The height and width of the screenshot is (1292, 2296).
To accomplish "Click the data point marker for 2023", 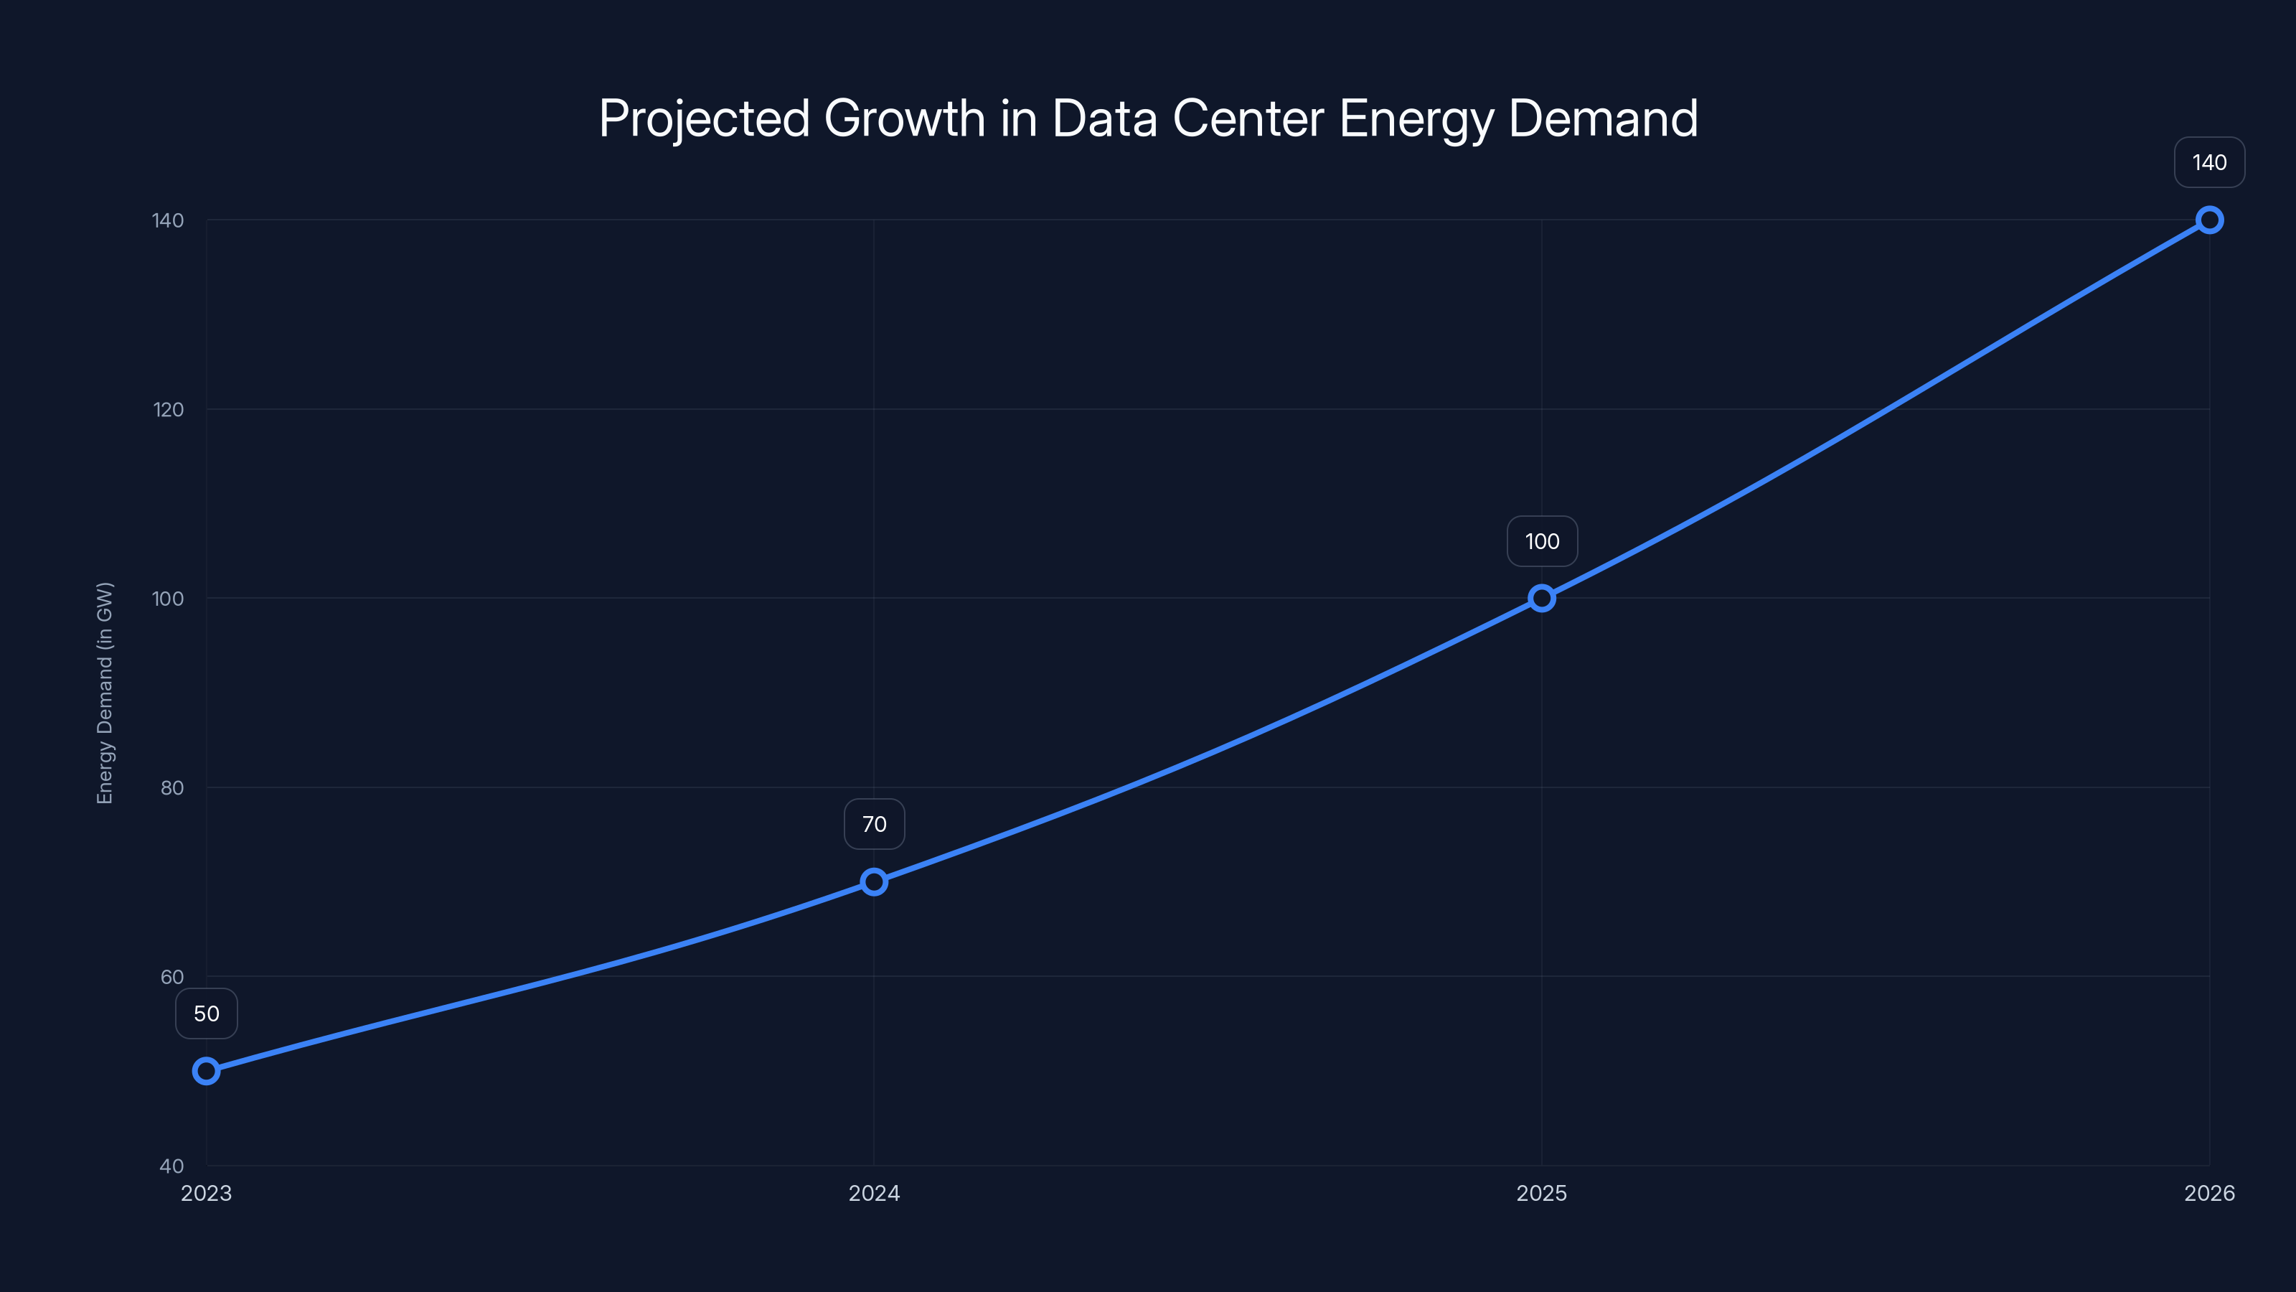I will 206,1071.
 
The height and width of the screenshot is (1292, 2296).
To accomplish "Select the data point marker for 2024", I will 873,882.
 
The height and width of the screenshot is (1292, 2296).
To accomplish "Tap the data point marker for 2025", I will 1541,599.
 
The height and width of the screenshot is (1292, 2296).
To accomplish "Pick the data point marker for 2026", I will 2208,220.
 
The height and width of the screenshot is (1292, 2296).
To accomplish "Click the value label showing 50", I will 206,1014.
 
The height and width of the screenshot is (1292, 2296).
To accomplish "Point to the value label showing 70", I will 873,824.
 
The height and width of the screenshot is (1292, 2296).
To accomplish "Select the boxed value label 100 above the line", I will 1541,541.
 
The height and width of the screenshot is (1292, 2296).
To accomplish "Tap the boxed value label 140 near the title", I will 2208,162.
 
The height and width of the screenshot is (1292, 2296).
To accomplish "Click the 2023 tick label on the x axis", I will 206,1193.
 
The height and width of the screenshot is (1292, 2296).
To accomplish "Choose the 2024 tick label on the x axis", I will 873,1193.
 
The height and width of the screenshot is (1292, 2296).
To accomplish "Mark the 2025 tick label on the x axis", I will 1541,1193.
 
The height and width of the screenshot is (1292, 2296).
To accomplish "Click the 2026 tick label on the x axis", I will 2208,1193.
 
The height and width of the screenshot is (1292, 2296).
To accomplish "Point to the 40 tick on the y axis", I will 171,1166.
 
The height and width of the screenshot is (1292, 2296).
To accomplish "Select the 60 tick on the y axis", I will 171,976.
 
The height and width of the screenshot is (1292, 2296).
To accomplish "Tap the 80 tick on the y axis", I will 171,787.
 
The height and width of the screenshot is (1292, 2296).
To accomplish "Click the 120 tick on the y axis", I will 168,409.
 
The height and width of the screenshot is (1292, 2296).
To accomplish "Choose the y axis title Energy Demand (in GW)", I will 105,693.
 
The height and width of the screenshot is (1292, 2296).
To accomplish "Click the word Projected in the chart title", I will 703,119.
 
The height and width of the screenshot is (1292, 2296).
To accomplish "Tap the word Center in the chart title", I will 1248,119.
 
